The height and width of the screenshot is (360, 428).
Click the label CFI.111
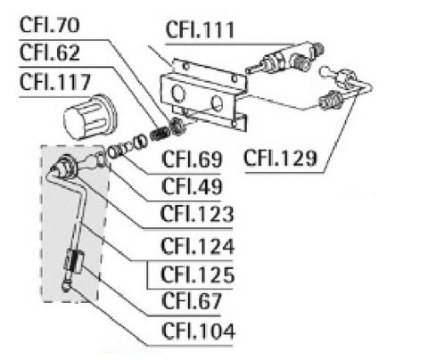200,31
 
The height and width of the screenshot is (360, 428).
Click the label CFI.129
281,160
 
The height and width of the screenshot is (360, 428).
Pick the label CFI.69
191,162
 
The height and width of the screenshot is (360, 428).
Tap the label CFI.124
196,244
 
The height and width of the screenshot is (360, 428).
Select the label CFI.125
196,273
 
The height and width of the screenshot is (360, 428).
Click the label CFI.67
191,301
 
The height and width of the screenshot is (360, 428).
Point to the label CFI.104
196,332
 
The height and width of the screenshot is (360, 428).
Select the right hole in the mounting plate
217,103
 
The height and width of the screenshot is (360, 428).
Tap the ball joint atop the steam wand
64,165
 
